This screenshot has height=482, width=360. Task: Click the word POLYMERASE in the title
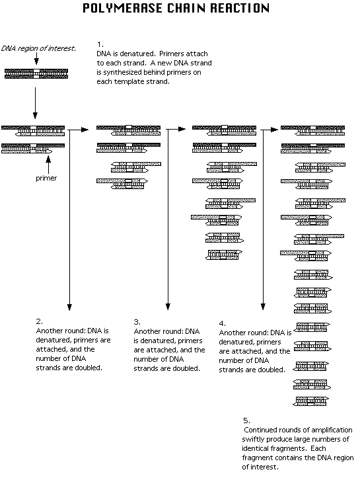(124, 8)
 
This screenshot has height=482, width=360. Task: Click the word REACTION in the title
(240, 8)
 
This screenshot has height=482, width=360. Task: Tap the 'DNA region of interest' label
(38, 48)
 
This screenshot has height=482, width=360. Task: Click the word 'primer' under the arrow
(46, 178)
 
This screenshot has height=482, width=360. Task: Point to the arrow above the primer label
(48, 165)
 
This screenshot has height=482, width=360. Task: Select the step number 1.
(100, 44)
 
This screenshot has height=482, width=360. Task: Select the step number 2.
(40, 321)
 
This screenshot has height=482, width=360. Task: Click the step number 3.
(137, 322)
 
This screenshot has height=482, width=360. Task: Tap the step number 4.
(222, 323)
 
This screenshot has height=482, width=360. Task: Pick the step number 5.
(246, 421)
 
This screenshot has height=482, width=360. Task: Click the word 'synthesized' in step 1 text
(122, 73)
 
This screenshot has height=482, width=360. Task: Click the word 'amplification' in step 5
(331, 430)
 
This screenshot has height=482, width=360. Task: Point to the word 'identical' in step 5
(254, 448)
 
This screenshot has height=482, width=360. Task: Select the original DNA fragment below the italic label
(36, 74)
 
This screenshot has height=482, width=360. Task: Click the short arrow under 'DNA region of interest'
(36, 58)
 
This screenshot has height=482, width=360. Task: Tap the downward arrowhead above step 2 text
(69, 307)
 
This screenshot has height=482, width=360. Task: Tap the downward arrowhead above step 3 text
(168, 307)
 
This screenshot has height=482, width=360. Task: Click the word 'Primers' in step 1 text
(171, 54)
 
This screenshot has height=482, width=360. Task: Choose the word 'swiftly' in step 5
(253, 439)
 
